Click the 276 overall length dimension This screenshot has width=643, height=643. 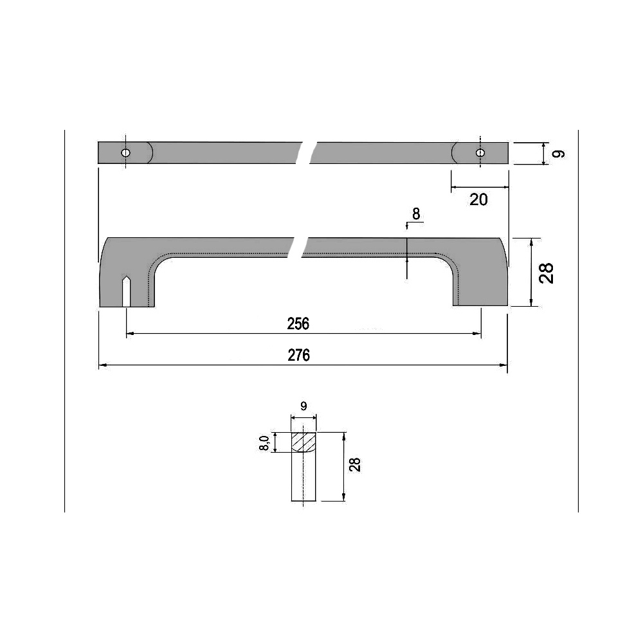click(x=299, y=355)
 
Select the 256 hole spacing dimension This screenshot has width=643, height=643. click(x=298, y=324)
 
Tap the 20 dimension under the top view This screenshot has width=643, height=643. click(x=478, y=199)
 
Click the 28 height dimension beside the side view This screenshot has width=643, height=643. click(x=547, y=273)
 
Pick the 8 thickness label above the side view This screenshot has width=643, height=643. click(x=416, y=214)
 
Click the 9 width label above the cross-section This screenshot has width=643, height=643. click(x=303, y=406)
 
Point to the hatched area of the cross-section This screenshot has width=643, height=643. click(x=304, y=442)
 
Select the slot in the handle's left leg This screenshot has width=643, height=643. click(x=127, y=293)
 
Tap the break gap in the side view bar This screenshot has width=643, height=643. click(x=297, y=247)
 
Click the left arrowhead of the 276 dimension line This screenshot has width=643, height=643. click(x=102, y=365)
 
